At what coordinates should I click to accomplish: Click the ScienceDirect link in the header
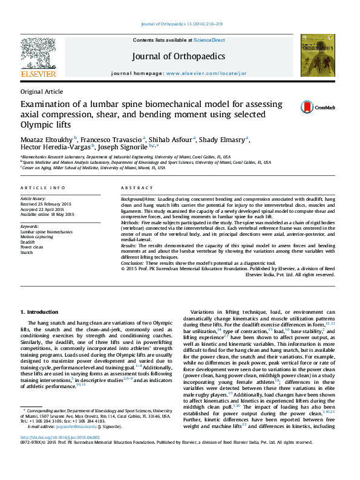209,40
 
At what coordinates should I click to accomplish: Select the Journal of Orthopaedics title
179,57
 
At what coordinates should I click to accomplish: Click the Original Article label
41,91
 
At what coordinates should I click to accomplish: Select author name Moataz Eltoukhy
47,138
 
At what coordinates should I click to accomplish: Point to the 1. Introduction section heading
40,311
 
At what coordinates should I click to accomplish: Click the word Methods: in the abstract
131,222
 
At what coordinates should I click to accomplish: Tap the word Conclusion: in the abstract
133,263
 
